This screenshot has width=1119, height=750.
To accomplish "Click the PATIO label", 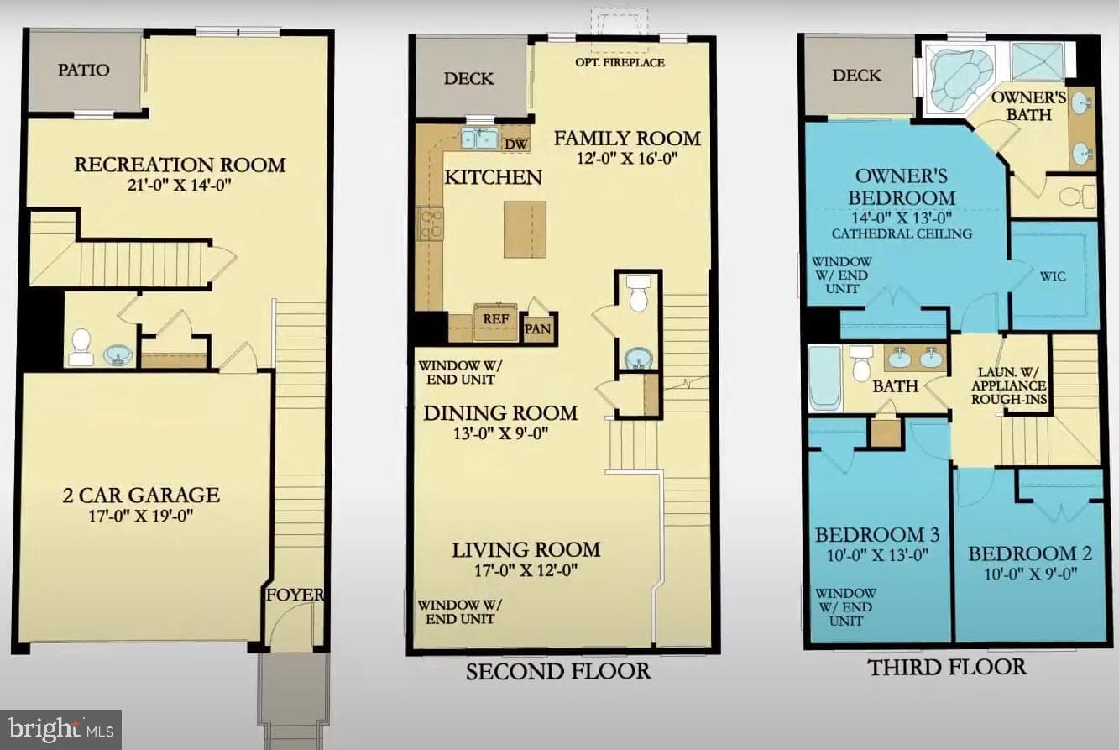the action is click(x=83, y=70).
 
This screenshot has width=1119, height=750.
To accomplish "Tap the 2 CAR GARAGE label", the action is click(x=141, y=496).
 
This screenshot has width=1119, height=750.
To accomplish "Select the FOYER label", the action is click(x=295, y=595).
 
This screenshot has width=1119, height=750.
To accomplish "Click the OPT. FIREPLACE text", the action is click(x=620, y=62).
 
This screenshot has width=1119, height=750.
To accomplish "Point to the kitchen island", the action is click(x=525, y=229).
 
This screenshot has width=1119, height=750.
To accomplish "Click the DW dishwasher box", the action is click(x=515, y=144).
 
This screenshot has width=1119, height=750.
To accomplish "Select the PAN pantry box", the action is click(x=537, y=329).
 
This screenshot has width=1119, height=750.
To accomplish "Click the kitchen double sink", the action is click(x=479, y=139).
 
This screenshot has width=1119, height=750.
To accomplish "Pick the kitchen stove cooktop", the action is click(x=431, y=223).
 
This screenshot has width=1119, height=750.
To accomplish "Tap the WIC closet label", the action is click(x=1053, y=276).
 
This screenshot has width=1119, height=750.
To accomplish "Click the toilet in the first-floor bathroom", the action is click(x=81, y=346).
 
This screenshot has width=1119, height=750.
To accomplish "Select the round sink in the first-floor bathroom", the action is click(x=118, y=354).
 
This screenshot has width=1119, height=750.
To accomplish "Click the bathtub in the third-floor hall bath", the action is click(x=824, y=378).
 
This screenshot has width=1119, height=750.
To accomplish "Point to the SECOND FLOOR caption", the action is click(x=558, y=671).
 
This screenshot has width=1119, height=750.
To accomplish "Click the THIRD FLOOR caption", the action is click(x=947, y=668).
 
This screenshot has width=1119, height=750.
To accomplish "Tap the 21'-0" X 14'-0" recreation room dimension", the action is click(x=180, y=186).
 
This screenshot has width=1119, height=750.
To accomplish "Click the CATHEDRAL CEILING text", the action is click(x=902, y=233).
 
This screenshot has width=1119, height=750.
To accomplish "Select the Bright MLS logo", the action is click(x=61, y=730).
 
